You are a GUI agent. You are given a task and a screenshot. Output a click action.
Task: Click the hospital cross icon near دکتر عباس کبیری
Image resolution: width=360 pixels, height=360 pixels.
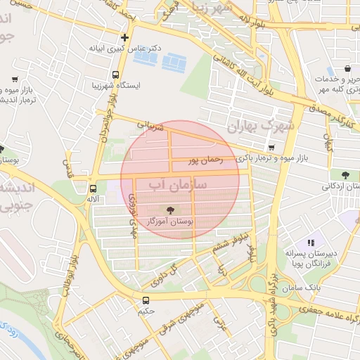click(125, 37)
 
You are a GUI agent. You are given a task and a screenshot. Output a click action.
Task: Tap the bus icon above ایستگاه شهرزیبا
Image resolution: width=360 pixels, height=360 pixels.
click(115, 74)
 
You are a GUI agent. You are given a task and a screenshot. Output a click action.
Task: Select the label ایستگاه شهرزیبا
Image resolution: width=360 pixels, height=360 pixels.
click(116, 85)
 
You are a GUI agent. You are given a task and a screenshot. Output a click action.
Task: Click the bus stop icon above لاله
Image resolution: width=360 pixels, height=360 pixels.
click(93, 188)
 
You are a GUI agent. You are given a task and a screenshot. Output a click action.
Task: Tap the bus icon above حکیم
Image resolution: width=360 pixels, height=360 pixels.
click(146, 300)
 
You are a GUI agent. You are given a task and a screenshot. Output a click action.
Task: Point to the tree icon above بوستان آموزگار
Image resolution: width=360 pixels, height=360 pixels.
click(169, 210)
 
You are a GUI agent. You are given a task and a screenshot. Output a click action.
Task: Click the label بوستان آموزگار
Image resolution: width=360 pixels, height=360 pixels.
click(169, 221)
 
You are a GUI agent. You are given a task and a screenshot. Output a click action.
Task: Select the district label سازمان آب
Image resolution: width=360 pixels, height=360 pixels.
click(176, 185)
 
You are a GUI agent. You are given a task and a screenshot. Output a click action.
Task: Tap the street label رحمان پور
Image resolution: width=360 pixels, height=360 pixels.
click(205, 160)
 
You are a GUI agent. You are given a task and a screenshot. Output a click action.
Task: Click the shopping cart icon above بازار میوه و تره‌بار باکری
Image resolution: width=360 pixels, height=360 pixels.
click(271, 148)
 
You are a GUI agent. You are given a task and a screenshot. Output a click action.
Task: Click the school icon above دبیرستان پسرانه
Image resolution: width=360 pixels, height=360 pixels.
click(311, 243)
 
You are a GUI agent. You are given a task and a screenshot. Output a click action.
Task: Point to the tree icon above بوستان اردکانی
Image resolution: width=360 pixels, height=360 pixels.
click(345, 175)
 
